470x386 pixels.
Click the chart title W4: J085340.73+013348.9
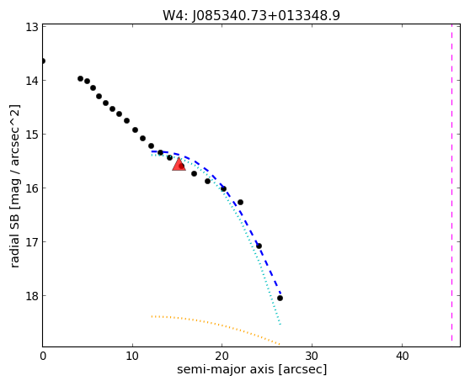(251, 15)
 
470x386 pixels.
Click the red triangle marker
(179, 164)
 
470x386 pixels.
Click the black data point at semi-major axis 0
(43, 61)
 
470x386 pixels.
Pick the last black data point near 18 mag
(280, 298)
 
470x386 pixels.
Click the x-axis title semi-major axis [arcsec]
(252, 369)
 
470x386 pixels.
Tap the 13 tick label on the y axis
(31, 27)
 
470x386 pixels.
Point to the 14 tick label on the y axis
(31, 81)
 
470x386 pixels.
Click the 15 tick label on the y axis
(31, 135)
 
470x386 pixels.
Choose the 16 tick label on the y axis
(31, 188)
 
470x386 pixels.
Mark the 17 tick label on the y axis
(31, 241)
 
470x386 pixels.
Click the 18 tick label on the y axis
(31, 296)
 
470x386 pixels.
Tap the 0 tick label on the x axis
(43, 356)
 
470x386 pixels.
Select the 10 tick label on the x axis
(132, 356)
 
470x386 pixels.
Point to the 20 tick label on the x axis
(222, 356)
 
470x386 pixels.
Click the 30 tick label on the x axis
(312, 356)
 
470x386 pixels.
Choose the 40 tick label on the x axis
(402, 356)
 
